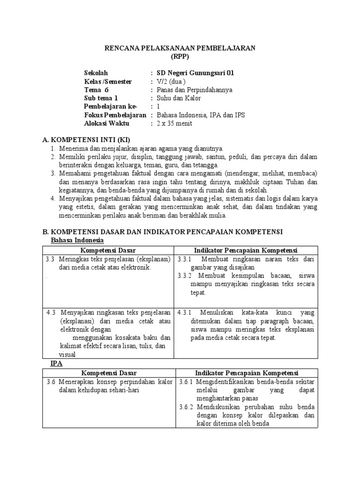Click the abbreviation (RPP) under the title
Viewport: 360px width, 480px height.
coord(180,56)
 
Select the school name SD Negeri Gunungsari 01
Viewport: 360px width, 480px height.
coord(195,73)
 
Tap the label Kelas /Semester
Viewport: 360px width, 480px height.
coord(108,81)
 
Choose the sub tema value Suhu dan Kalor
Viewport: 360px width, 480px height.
coord(179,98)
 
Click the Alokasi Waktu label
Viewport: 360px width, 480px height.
coord(107,123)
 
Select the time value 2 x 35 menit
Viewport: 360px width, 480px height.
coord(174,123)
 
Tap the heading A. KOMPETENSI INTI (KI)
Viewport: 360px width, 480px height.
coord(86,140)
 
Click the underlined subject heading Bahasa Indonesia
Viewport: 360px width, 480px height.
coord(77,240)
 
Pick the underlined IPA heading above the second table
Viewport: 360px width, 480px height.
coord(56,364)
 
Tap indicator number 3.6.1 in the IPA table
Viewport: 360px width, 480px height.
coord(186,382)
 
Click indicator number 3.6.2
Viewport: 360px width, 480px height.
coord(186,407)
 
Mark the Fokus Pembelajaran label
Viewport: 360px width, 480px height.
coord(115,115)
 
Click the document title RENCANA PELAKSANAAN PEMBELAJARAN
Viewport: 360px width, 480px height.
coord(180,48)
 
